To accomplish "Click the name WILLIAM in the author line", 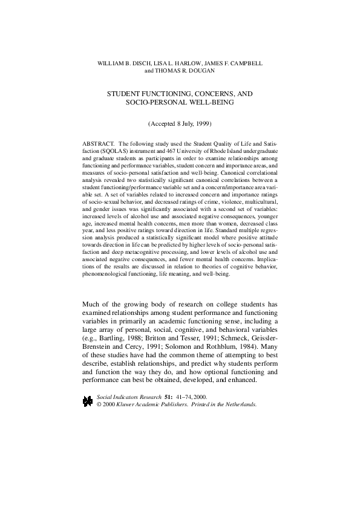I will (113, 63).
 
